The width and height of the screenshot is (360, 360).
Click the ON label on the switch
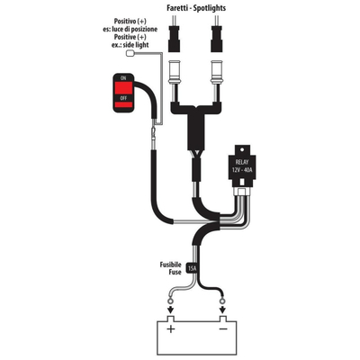pos(123,78)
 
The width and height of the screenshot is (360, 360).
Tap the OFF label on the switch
pos(123,98)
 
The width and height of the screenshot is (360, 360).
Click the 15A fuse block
pos(192,268)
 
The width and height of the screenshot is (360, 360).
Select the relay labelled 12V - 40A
pos(242,166)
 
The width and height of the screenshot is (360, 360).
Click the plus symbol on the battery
pos(171,329)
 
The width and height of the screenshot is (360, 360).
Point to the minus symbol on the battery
pos(223,329)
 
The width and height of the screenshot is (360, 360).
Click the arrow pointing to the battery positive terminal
pos(170,310)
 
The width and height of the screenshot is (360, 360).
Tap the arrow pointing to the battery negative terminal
pos(222,310)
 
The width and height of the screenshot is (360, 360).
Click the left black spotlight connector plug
pos(174,39)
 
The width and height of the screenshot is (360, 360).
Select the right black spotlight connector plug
pos(217,39)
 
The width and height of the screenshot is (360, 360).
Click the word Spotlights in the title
pos(210,8)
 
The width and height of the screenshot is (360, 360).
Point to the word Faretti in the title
pos(177,8)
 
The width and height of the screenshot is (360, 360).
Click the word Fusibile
pos(170,265)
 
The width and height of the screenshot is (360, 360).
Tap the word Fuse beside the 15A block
pos(175,272)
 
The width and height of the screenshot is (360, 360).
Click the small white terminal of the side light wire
pos(130,53)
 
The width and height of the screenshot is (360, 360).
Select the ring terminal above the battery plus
pos(170,300)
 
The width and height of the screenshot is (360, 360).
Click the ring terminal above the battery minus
pos(222,300)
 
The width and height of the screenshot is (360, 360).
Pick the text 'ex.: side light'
pos(128,45)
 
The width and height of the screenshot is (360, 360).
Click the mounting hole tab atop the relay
pos(242,149)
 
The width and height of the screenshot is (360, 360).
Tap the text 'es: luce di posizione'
pos(130,30)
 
